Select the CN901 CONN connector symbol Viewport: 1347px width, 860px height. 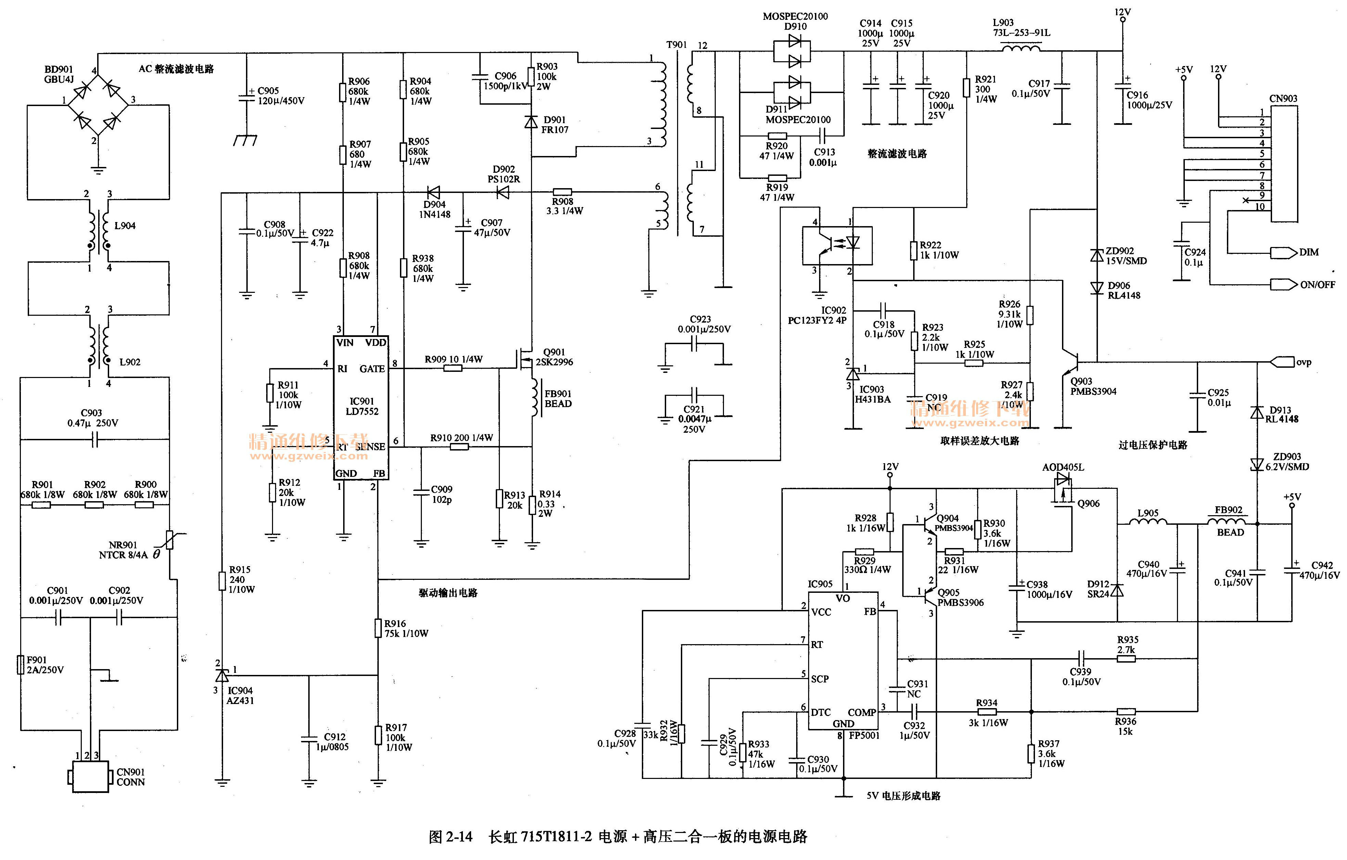pyautogui.click(x=90, y=777)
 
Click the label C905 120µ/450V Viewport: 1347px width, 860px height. pyautogui.click(x=281, y=96)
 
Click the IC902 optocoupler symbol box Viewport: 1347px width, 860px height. pyautogui.click(x=837, y=245)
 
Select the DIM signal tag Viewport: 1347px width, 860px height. pyautogui.click(x=1284, y=253)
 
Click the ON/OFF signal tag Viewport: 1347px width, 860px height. pyautogui.click(x=1284, y=285)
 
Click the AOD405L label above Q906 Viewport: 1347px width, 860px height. pyautogui.click(x=1063, y=467)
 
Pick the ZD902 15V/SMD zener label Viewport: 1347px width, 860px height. pyautogui.click(x=1126, y=256)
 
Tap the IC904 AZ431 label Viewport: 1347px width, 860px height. pyautogui.click(x=240, y=695)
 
